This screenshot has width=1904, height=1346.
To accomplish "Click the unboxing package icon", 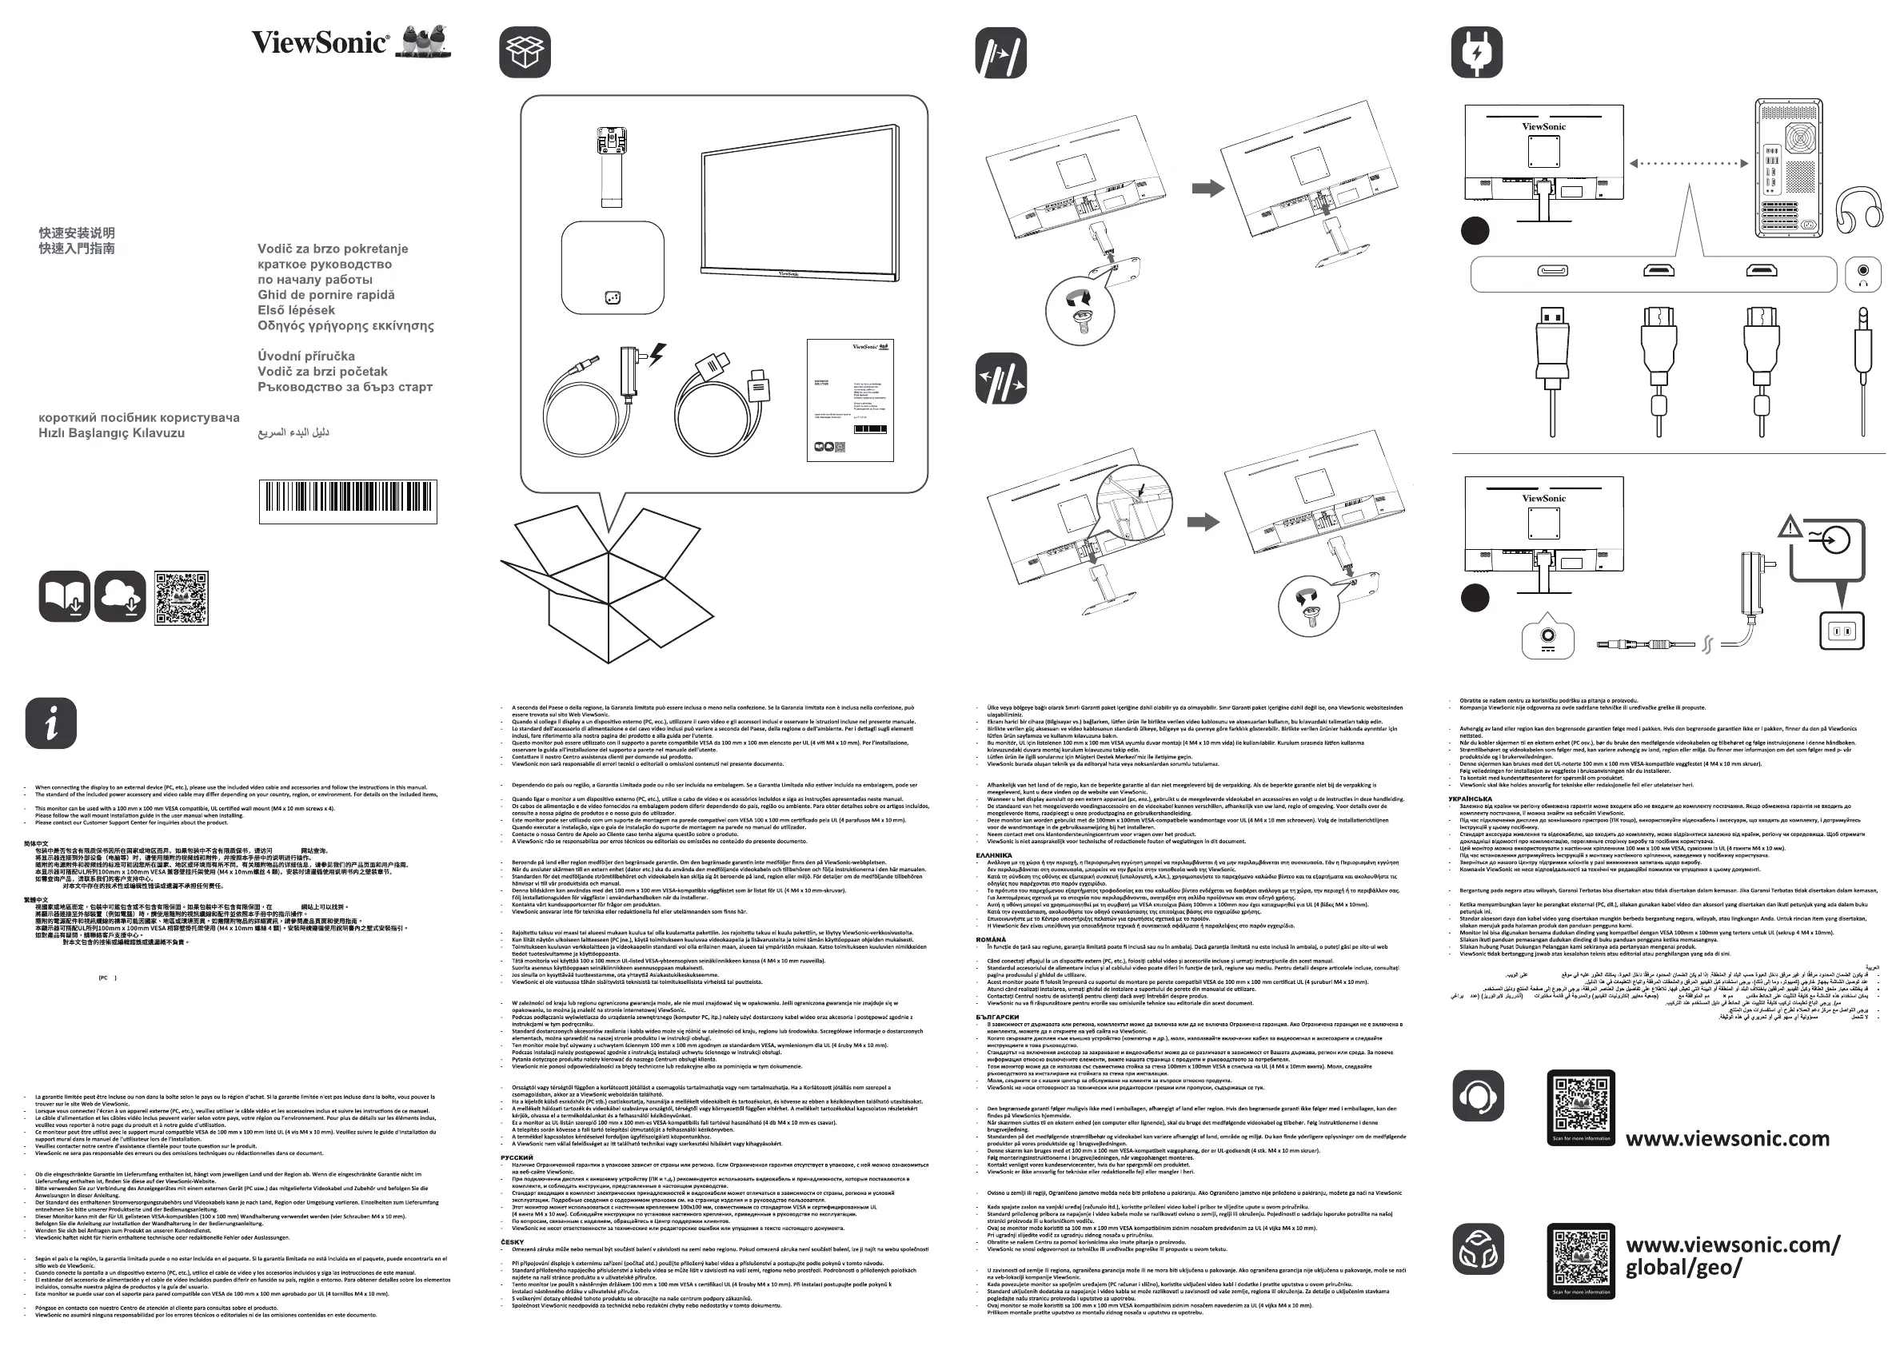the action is [525, 52].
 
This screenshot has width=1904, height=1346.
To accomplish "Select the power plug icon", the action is [1477, 52].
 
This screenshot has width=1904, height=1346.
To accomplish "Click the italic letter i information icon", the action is [51, 723].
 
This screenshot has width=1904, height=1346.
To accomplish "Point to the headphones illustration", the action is [1858, 207].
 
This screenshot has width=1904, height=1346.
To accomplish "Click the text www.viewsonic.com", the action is [1727, 1139].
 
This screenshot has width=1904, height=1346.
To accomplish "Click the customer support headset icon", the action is [1478, 1095].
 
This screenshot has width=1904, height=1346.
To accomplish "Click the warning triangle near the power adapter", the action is [1790, 525].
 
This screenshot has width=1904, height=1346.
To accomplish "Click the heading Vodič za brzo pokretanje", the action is [333, 249].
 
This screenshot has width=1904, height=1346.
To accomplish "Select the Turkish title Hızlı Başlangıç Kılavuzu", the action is [112, 432].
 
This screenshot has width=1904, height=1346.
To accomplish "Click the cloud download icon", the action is [121, 596].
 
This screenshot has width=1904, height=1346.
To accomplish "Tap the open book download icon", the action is [64, 596].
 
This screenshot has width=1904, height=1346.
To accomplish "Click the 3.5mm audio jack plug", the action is [1862, 356].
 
